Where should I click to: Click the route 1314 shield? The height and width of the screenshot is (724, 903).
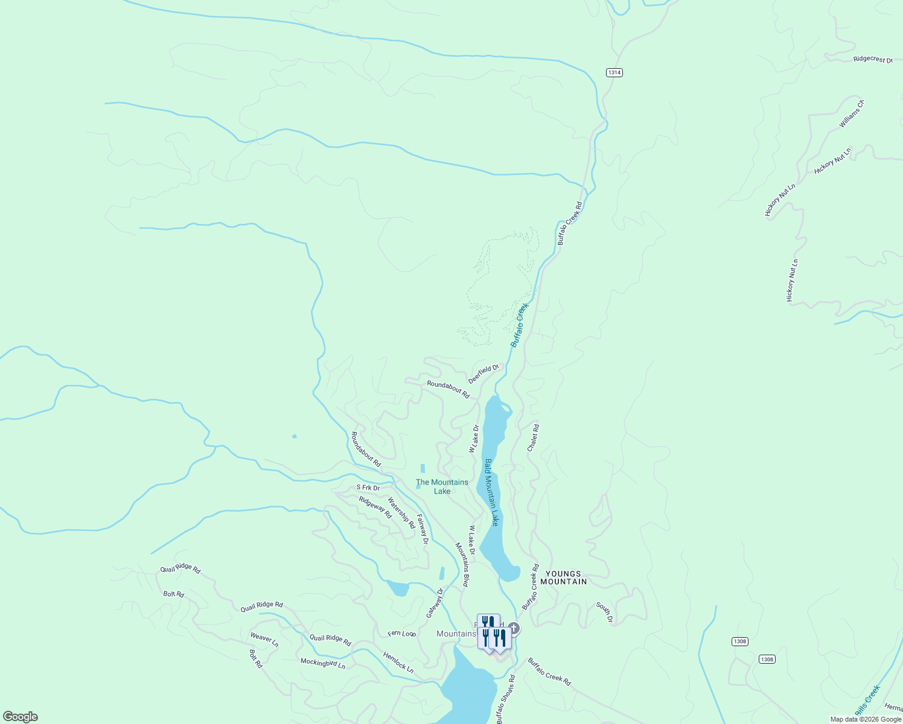click(614, 72)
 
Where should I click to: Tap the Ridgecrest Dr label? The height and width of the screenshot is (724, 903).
click(872, 60)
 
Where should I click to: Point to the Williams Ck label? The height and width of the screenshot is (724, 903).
click(852, 113)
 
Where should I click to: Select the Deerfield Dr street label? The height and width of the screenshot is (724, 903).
click(484, 373)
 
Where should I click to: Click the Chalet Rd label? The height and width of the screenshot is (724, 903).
click(533, 437)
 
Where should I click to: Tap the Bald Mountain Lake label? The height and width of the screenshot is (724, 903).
click(491, 492)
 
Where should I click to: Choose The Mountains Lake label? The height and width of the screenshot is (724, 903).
click(442, 486)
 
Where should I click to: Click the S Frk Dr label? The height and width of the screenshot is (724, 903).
click(368, 487)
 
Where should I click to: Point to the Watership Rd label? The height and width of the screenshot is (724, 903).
click(401, 512)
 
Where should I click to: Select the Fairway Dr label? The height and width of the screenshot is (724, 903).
click(423, 529)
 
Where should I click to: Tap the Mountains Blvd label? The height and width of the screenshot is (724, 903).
click(462, 565)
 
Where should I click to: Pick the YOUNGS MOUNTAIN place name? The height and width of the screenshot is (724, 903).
click(563, 578)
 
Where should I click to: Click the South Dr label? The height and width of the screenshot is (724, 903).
click(604, 612)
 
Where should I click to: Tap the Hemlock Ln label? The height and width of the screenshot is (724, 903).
click(398, 662)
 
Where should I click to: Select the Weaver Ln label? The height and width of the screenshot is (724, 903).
click(264, 640)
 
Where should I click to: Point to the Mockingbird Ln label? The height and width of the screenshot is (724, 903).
click(323, 663)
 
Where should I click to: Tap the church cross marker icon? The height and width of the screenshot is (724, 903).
click(514, 628)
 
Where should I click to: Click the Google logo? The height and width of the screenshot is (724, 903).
click(20, 717)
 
